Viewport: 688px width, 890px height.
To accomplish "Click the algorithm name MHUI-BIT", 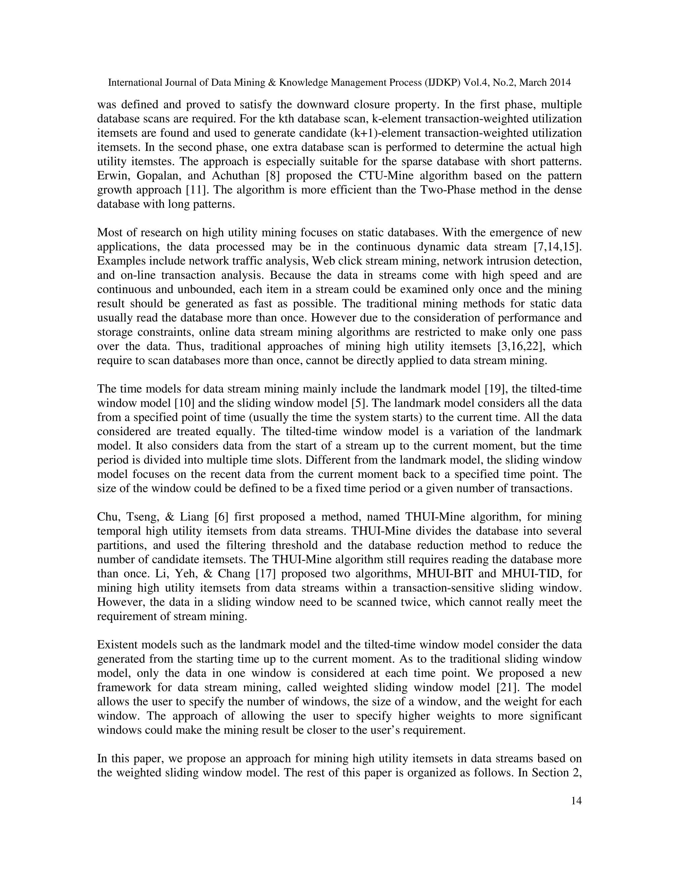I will pyautogui.click(x=440, y=574).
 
